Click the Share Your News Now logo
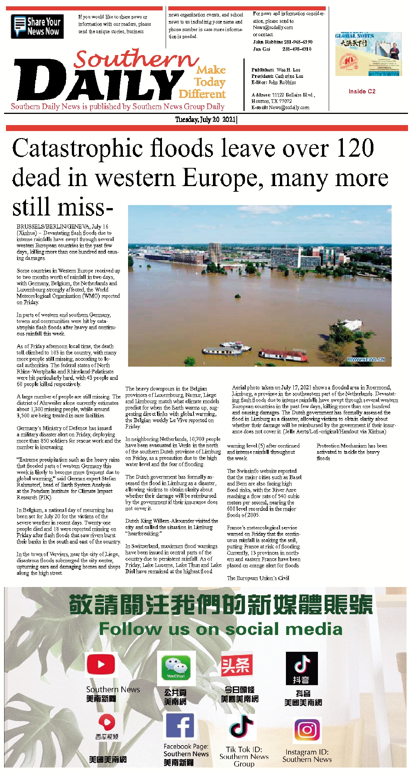coord(37,26)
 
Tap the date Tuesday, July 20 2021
coord(205,119)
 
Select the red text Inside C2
coord(362,91)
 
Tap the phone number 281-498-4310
coord(297,49)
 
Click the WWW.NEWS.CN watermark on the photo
coord(366,360)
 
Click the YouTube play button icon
coord(101,664)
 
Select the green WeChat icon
coord(176,668)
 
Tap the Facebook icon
coord(179,725)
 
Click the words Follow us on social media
coord(220,629)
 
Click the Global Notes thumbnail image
coord(368,54)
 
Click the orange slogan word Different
coord(202,94)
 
